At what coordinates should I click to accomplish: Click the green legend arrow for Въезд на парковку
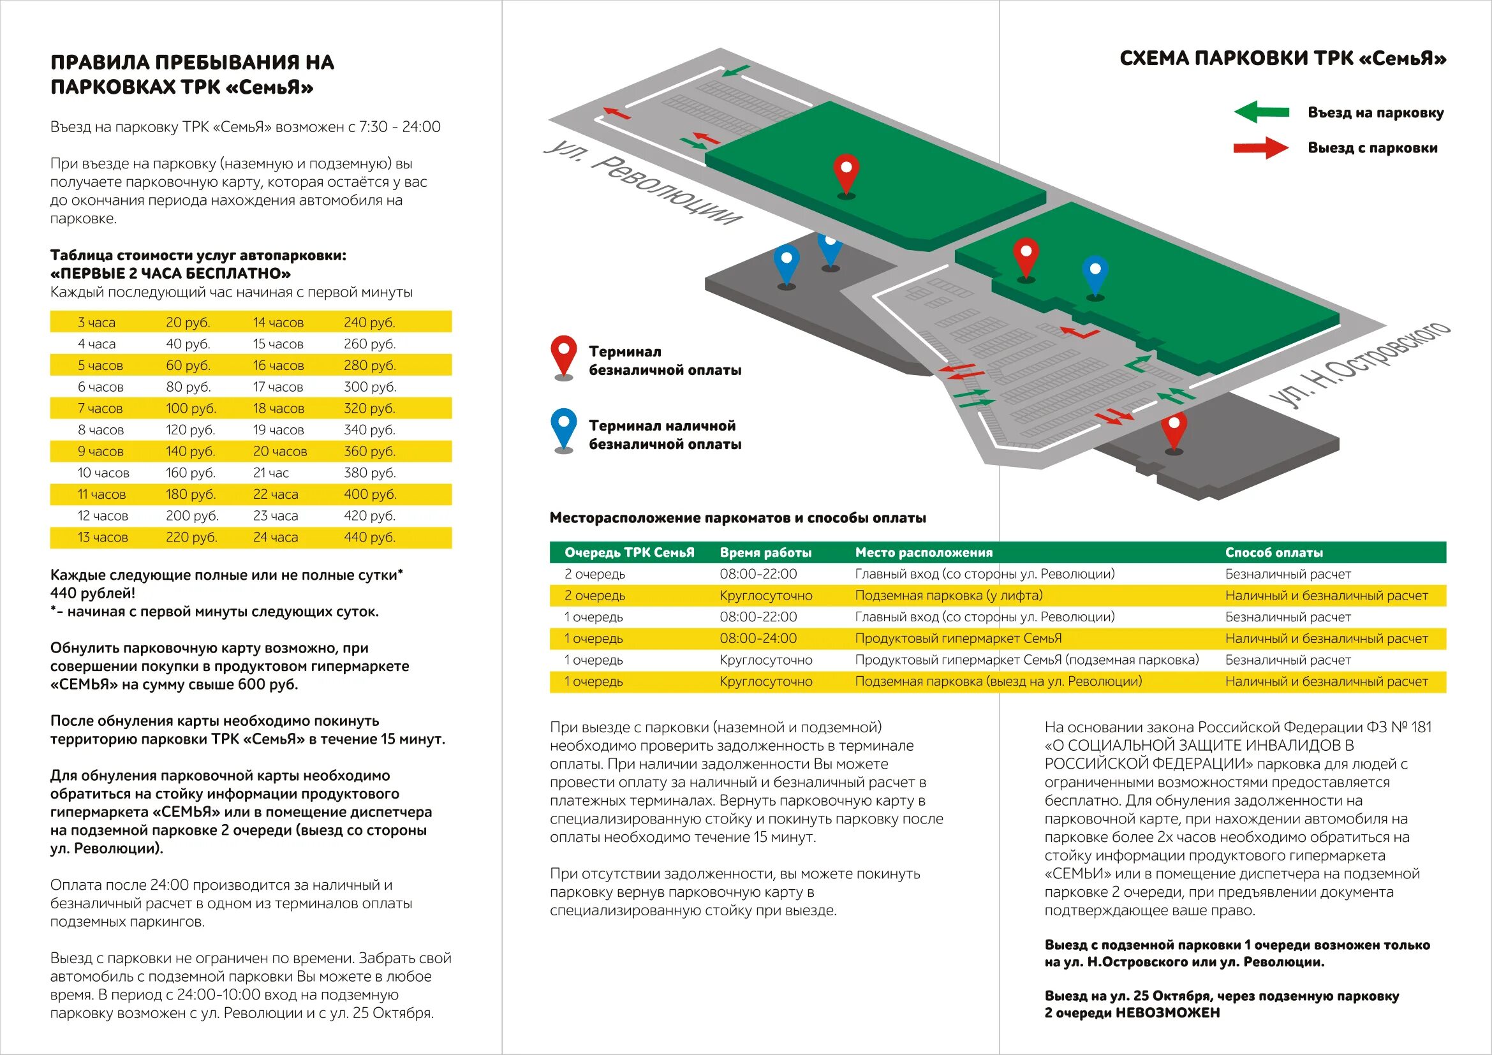(x=1261, y=112)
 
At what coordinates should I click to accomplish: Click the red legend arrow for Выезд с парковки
(x=1260, y=148)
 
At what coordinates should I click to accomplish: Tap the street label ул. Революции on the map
(x=644, y=182)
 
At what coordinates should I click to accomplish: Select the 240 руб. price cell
(x=369, y=322)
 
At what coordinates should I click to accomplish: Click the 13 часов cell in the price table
(x=103, y=537)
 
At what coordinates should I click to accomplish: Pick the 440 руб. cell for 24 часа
(x=369, y=537)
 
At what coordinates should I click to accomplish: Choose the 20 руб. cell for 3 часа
(x=188, y=322)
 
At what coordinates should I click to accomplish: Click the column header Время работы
(x=765, y=552)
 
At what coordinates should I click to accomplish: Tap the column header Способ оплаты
(x=1274, y=552)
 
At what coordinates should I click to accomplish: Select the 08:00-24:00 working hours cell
(x=758, y=638)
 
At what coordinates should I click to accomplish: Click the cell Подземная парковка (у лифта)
(x=949, y=595)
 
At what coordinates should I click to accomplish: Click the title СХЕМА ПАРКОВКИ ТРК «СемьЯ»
(x=1283, y=59)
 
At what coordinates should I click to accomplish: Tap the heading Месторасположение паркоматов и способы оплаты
(x=737, y=518)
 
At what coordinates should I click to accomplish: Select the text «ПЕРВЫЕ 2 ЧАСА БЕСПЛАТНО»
(x=170, y=274)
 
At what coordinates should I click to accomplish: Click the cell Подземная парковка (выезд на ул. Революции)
(x=998, y=681)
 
